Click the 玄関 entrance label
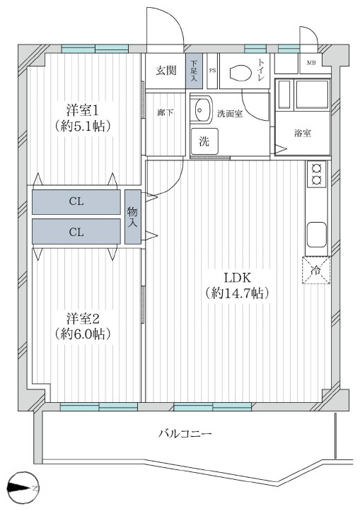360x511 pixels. (167, 70)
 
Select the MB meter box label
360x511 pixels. (310, 64)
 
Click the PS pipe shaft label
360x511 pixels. (212, 71)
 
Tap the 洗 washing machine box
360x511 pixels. (204, 140)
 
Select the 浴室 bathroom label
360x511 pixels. (303, 133)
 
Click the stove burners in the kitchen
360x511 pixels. (315, 175)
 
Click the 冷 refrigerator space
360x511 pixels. (315, 270)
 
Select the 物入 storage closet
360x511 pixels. (132, 217)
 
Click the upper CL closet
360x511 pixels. (76, 201)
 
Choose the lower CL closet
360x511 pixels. (76, 231)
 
